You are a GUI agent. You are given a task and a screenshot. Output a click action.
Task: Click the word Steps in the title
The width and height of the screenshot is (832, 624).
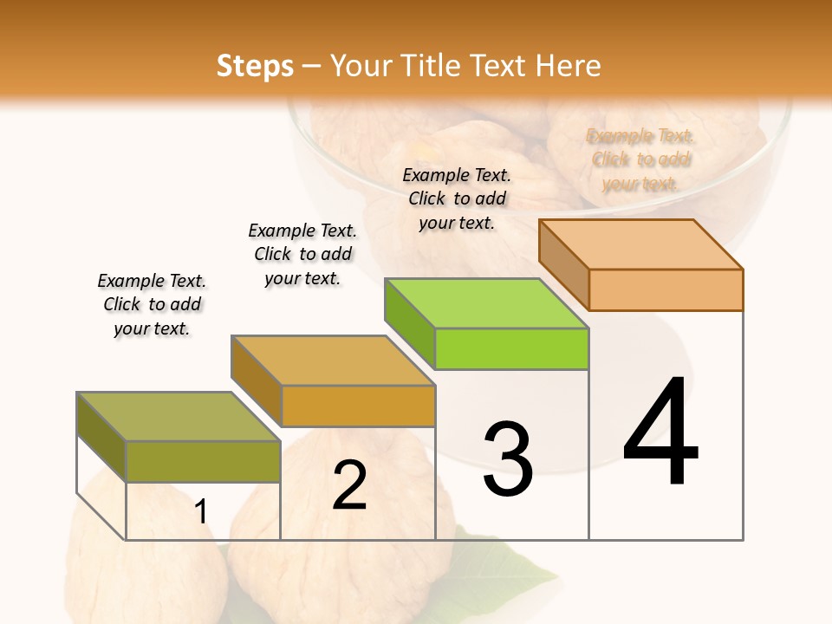(255, 66)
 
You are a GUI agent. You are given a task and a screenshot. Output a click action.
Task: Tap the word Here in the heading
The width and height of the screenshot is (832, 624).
(568, 66)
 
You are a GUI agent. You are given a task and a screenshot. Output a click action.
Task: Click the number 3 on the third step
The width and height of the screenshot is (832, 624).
(508, 458)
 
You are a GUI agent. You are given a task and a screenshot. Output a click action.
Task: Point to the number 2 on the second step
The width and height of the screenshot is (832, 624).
(349, 485)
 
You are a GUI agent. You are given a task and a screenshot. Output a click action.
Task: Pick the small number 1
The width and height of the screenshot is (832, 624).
(201, 511)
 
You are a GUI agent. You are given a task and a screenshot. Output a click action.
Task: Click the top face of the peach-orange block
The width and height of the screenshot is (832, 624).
(640, 244)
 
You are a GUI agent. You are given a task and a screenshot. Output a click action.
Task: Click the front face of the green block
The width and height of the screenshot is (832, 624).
(511, 349)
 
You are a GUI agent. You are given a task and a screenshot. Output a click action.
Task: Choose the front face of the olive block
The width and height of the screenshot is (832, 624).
(203, 461)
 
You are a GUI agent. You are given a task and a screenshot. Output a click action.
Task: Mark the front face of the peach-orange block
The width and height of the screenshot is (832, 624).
(666, 289)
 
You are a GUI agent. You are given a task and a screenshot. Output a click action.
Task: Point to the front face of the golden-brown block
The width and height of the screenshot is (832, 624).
(358, 406)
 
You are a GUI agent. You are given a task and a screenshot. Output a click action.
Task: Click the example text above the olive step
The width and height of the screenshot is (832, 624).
(152, 304)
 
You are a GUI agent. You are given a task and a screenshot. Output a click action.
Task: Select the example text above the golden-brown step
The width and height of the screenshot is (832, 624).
(302, 254)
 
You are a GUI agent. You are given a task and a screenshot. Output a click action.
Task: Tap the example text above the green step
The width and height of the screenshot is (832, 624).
(457, 198)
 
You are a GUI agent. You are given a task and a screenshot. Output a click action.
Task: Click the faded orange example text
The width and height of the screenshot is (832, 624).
(640, 159)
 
